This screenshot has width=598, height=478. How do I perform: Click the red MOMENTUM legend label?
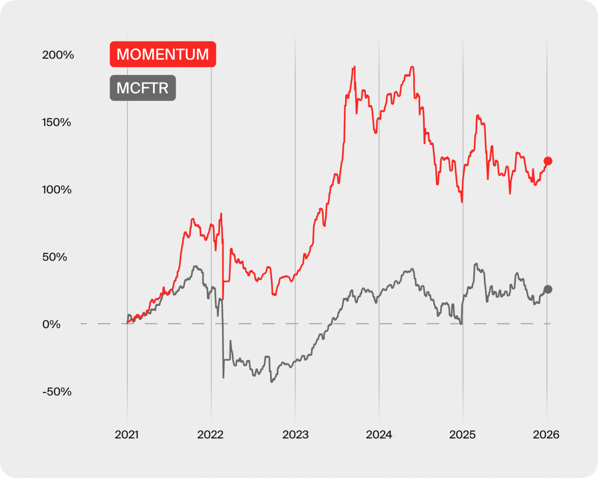point(163,54)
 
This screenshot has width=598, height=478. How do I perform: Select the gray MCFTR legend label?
point(143,88)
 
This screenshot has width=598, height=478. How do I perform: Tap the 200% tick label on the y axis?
point(58,55)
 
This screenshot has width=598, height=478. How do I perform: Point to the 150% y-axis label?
point(57,123)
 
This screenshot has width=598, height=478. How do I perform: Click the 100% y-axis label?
point(57,190)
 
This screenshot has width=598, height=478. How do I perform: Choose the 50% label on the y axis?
point(55,257)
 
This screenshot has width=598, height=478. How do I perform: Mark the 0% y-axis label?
point(51,324)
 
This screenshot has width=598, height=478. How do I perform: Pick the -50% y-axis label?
point(57,392)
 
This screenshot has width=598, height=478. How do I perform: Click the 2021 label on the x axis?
point(127,435)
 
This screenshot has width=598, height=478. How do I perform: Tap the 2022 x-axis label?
point(210,435)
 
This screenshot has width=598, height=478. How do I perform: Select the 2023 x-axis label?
point(295,435)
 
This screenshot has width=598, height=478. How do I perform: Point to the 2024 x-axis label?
point(379,435)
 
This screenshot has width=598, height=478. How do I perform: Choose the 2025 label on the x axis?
point(462,435)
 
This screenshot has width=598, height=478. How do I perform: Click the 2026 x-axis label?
point(546,435)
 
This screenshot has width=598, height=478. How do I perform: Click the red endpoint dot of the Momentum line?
point(548,161)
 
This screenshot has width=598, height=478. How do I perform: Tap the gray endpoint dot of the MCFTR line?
point(548,290)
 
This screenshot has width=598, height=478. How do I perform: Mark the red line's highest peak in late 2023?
point(355,67)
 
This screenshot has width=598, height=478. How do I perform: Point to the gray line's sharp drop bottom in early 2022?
point(223,378)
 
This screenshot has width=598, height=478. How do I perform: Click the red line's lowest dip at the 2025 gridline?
point(462,201)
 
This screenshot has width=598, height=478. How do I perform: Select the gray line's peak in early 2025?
point(476,264)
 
